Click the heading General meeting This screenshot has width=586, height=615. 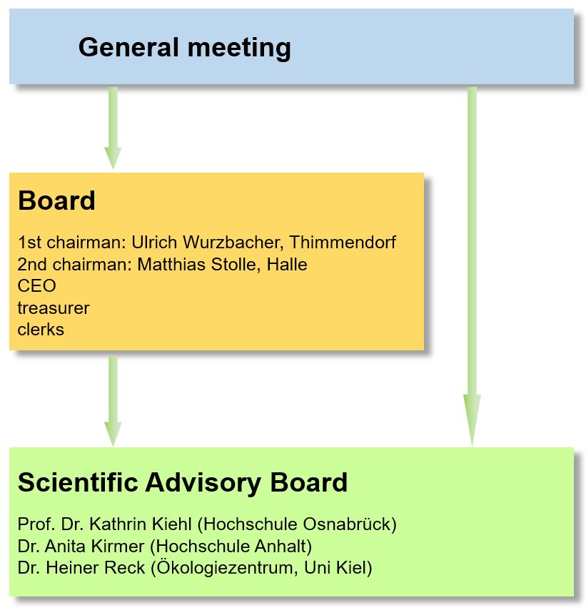184,48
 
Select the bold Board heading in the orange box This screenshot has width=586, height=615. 56,200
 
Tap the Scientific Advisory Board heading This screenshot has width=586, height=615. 183,482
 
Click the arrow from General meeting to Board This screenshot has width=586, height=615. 113,128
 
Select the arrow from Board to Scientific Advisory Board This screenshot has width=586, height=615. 113,401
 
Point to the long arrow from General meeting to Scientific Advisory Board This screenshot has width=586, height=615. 473,267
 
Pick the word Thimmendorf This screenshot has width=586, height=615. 343,243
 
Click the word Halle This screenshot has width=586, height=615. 287,265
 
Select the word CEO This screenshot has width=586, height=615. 37,286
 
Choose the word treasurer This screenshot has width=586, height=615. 54,308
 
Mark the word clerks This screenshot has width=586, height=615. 41,330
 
